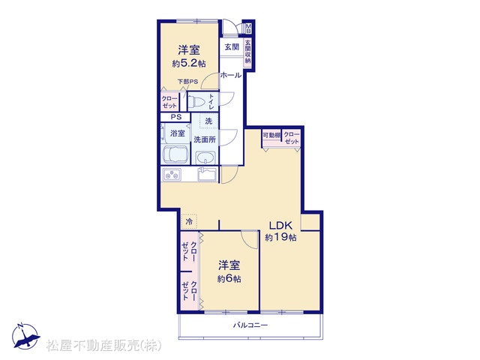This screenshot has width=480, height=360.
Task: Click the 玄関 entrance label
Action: (x=232, y=46)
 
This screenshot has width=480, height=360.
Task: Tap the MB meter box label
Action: (x=248, y=28)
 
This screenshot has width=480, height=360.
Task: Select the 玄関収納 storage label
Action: (x=247, y=52)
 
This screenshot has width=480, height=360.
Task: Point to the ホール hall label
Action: (x=231, y=75)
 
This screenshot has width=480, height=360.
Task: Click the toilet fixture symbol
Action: (x=195, y=102)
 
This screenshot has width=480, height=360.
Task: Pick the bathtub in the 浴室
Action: (x=175, y=154)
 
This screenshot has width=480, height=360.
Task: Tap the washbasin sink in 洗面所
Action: (x=205, y=158)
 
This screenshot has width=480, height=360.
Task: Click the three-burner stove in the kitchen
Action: (x=172, y=175)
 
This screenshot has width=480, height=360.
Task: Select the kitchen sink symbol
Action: (x=208, y=175)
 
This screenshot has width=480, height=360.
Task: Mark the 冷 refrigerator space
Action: (x=189, y=221)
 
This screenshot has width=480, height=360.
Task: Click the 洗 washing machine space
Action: (x=208, y=121)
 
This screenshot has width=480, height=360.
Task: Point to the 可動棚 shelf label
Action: (x=271, y=135)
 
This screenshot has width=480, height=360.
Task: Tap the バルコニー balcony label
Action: (x=250, y=325)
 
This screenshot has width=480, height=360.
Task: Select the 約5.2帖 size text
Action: (x=189, y=63)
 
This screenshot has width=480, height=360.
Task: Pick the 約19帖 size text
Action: (x=280, y=237)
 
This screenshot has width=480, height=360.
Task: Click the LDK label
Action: (x=280, y=226)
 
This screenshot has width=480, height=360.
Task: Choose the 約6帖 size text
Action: (x=229, y=278)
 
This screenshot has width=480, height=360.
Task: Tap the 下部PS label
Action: (x=188, y=82)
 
